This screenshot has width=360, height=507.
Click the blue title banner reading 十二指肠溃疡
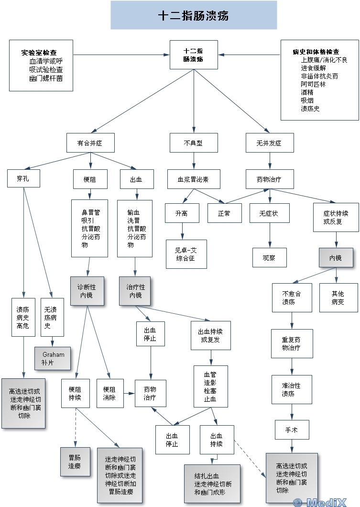pos(194,15)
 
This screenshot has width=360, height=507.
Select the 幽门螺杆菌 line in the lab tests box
pos(46,78)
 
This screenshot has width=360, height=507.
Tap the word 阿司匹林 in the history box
pos(313,84)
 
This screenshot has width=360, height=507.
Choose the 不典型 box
pos(194,143)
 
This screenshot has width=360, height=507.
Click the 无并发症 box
pos(269,143)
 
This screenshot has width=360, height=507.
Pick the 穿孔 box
pos(23,179)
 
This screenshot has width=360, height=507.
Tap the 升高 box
pos(181,213)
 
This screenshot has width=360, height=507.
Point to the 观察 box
pos(269,257)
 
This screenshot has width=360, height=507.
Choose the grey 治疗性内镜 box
pos(135,291)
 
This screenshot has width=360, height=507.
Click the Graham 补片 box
pos(53,359)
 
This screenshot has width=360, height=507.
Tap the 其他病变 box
pos(338,298)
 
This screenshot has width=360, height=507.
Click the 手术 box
pos(292,430)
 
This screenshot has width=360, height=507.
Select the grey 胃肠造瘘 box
pos(74,462)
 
